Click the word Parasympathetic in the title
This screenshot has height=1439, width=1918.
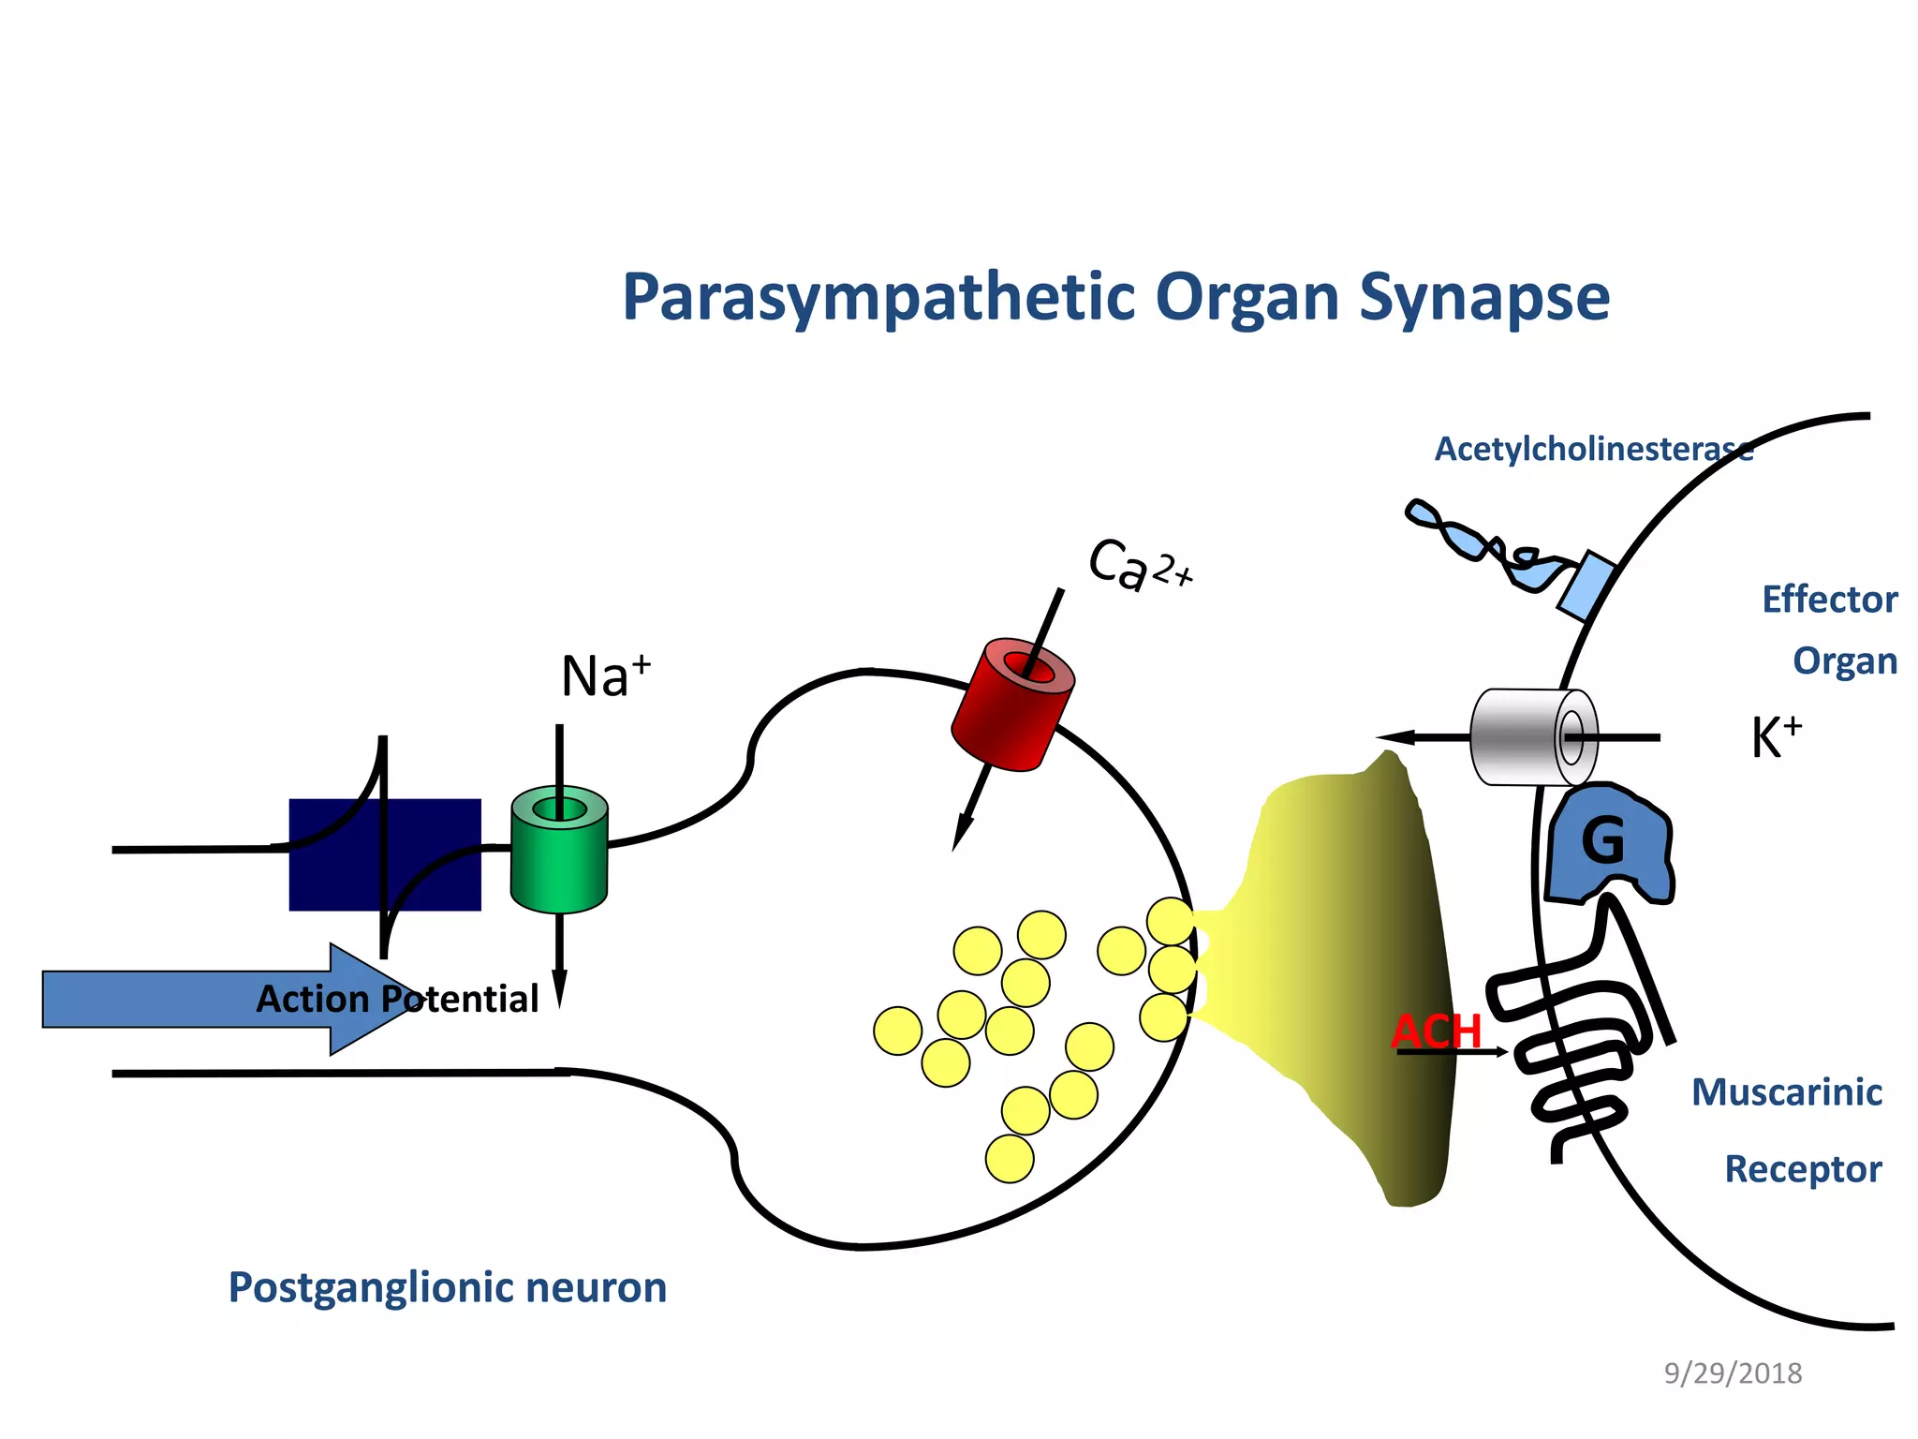tap(880, 298)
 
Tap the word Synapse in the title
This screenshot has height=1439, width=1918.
tap(1483, 298)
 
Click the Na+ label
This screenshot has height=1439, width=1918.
tap(605, 676)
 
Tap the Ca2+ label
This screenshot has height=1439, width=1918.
tap(1138, 565)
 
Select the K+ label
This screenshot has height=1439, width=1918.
tap(1776, 737)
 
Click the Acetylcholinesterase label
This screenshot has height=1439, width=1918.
tap(1592, 450)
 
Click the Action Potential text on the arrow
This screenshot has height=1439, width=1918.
tap(397, 1000)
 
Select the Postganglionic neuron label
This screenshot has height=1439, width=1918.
tap(448, 1287)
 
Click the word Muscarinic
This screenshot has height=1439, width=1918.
tap(1786, 1092)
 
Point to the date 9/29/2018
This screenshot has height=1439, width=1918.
tap(1733, 1373)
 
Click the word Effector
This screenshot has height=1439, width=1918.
tap(1829, 600)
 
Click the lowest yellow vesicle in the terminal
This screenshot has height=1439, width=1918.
tap(1010, 1159)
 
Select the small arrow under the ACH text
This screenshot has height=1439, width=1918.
tap(1452, 1053)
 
